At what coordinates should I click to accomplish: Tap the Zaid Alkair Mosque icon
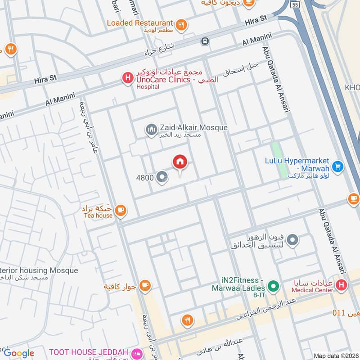click(x=152, y=130)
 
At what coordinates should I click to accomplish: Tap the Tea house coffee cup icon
click(x=120, y=210)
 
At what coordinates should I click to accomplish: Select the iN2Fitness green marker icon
click(x=272, y=286)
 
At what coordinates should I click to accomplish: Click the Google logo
click(x=19, y=353)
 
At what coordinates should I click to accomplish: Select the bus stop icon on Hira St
click(x=205, y=41)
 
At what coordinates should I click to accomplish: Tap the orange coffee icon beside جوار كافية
click(x=144, y=285)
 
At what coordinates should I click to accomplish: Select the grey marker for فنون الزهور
click(x=292, y=240)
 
